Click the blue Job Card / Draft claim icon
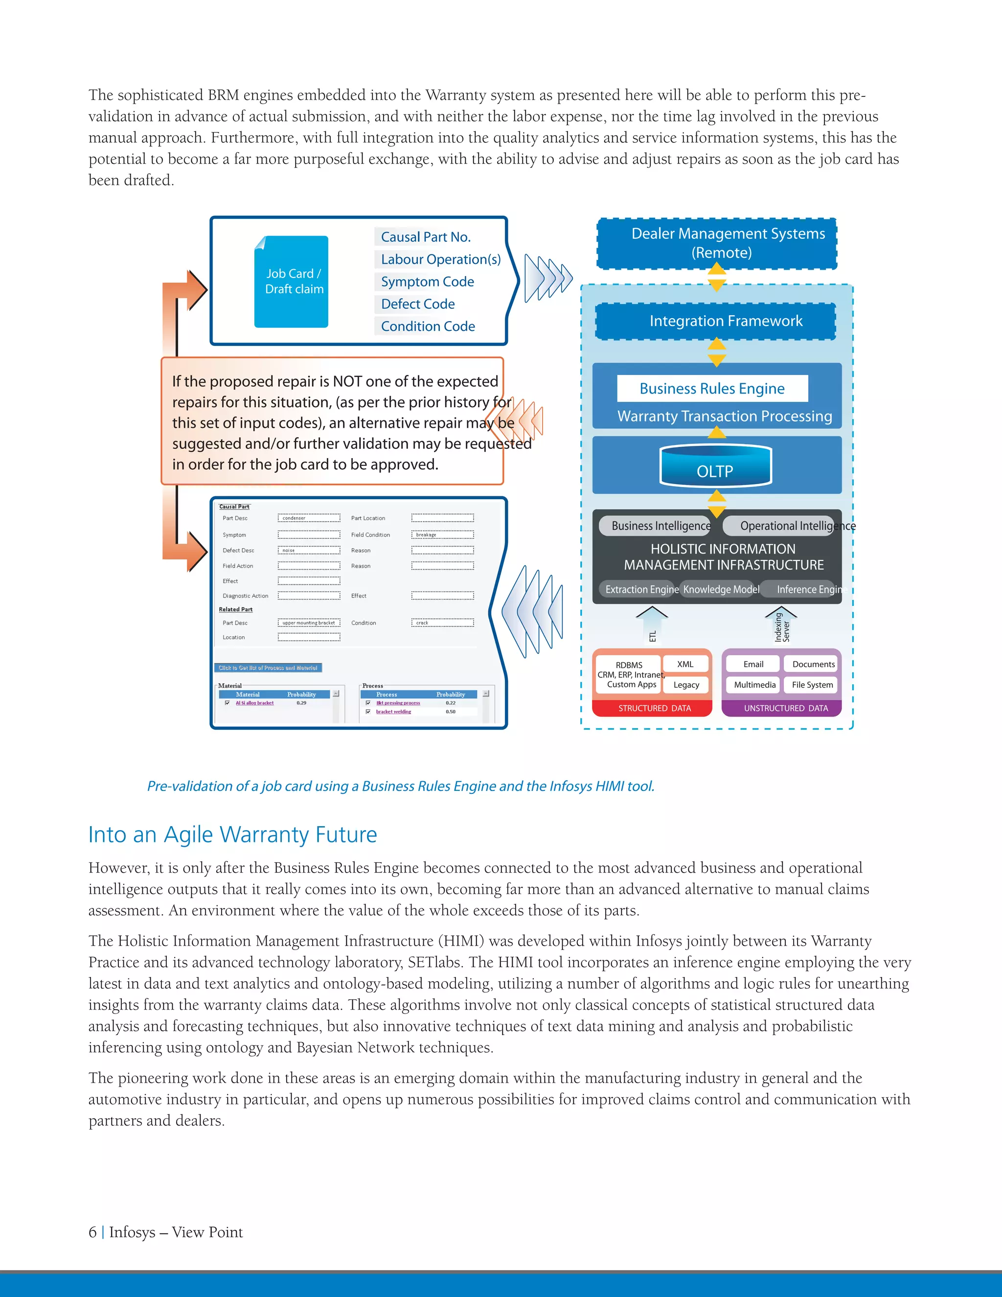point(291,281)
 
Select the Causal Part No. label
point(425,237)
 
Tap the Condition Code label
point(428,326)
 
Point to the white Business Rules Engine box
point(712,389)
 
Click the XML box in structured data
point(685,664)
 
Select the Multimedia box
point(754,685)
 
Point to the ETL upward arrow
point(652,626)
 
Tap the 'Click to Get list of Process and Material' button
point(268,668)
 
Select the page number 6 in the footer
point(92,1232)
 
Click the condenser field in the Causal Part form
point(309,518)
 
